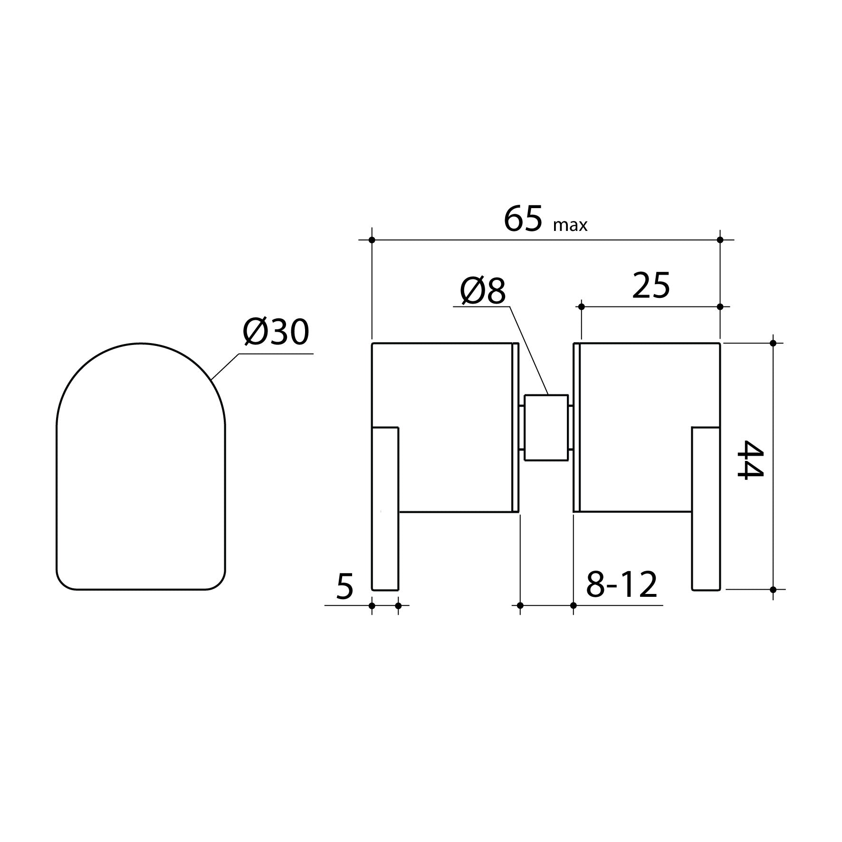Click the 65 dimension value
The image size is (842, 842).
point(522,220)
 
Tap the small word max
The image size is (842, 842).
point(570,225)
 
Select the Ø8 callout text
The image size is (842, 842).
point(482,291)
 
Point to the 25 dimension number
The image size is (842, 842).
point(651,287)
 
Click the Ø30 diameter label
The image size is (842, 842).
point(276,332)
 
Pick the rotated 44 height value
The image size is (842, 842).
point(749,459)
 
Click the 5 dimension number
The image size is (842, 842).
point(345,586)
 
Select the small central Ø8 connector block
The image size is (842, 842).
point(546,428)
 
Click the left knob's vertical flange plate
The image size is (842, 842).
point(385,508)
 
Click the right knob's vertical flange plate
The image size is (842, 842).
point(706,508)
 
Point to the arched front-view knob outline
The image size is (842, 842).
point(141,466)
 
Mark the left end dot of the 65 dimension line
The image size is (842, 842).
point(372,240)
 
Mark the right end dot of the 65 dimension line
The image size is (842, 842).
point(720,240)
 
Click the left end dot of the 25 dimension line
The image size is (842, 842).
point(581,307)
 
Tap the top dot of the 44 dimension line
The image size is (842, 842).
point(773,343)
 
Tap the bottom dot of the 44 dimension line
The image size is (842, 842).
point(773,590)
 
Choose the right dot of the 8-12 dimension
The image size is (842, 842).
point(574,605)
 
